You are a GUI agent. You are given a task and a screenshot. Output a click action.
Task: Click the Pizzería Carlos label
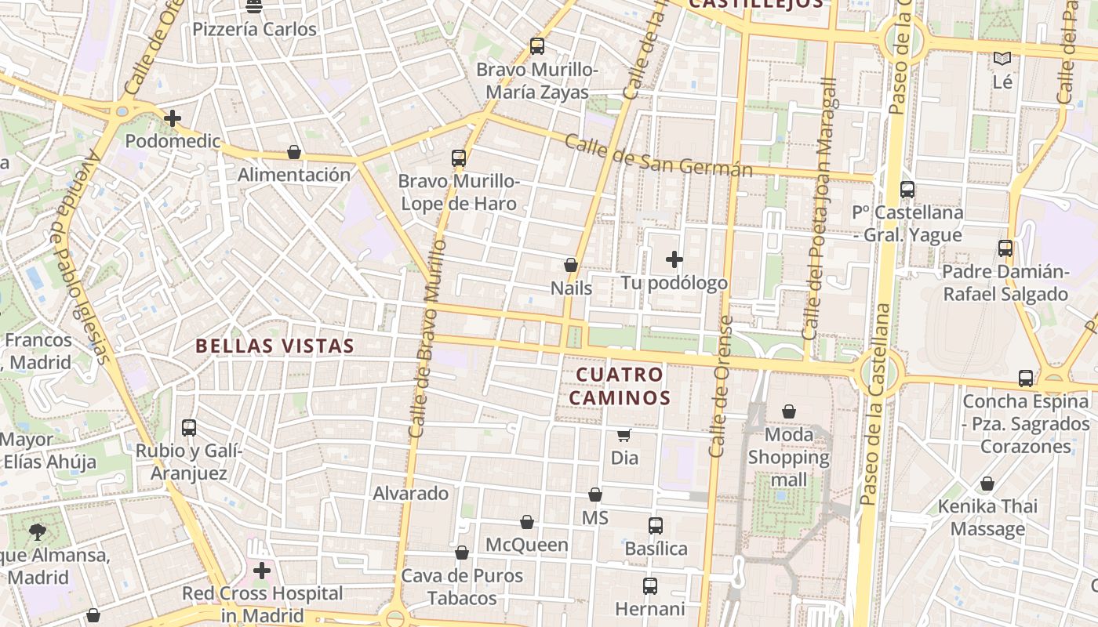255,30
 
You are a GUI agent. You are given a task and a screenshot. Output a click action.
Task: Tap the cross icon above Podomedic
173,118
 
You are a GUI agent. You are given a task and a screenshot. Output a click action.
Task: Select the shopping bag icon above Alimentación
294,152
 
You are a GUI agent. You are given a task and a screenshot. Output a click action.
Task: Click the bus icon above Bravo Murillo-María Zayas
537,46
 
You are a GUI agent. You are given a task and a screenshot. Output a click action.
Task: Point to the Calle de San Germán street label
658,157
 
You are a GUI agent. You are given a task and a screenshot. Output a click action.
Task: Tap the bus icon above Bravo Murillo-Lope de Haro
459,158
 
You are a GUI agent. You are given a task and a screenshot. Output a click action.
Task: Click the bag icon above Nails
571,266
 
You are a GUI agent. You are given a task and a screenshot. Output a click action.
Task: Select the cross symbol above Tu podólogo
674,259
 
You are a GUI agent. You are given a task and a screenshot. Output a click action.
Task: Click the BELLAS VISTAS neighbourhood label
274,346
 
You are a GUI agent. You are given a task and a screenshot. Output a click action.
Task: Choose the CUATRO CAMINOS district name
620,386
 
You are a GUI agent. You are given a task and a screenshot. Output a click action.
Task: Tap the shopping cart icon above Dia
624,435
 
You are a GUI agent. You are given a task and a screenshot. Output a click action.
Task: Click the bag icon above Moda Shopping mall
789,411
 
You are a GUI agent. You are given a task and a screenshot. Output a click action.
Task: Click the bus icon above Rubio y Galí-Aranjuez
189,428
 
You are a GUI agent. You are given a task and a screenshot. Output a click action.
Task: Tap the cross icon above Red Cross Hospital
262,571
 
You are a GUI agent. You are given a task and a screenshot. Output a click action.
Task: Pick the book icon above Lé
1002,58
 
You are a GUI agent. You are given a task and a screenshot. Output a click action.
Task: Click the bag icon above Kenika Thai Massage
987,484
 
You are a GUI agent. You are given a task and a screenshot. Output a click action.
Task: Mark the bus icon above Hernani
650,585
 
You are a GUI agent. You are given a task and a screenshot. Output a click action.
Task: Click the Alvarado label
411,494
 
